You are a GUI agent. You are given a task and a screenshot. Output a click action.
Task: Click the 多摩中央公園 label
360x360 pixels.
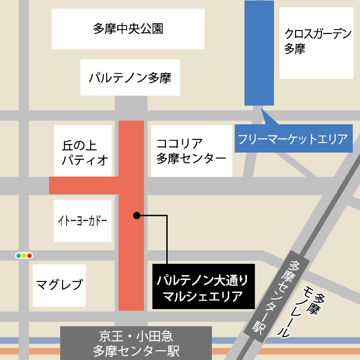coord(128,29)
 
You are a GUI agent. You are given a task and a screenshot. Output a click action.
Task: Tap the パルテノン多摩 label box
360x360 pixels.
coord(130,77)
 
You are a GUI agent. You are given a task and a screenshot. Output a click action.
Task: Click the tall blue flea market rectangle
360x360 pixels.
coord(259,53)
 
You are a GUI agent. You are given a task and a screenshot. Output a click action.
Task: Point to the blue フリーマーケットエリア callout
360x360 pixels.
coord(293,139)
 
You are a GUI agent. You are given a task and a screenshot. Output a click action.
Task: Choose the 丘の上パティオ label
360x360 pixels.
coord(83,151)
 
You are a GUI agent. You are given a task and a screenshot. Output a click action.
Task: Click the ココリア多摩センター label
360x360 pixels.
coord(191,151)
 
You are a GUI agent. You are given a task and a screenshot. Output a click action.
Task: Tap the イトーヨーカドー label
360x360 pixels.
coord(83,220)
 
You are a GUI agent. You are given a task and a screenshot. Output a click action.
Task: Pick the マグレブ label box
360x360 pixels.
coord(59,285)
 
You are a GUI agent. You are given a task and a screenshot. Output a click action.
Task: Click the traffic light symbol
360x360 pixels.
coord(24,255)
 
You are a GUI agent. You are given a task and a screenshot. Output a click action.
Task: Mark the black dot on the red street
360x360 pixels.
coord(136,215)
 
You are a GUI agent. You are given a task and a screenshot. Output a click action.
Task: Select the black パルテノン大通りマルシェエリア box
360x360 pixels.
coord(203,286)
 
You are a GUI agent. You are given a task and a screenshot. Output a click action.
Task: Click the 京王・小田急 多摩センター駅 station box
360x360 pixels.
coord(136,343)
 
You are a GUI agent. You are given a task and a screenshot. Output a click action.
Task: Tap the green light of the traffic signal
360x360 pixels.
coord(18,255)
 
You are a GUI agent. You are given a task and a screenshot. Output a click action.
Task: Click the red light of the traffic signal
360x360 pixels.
coord(29,255)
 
